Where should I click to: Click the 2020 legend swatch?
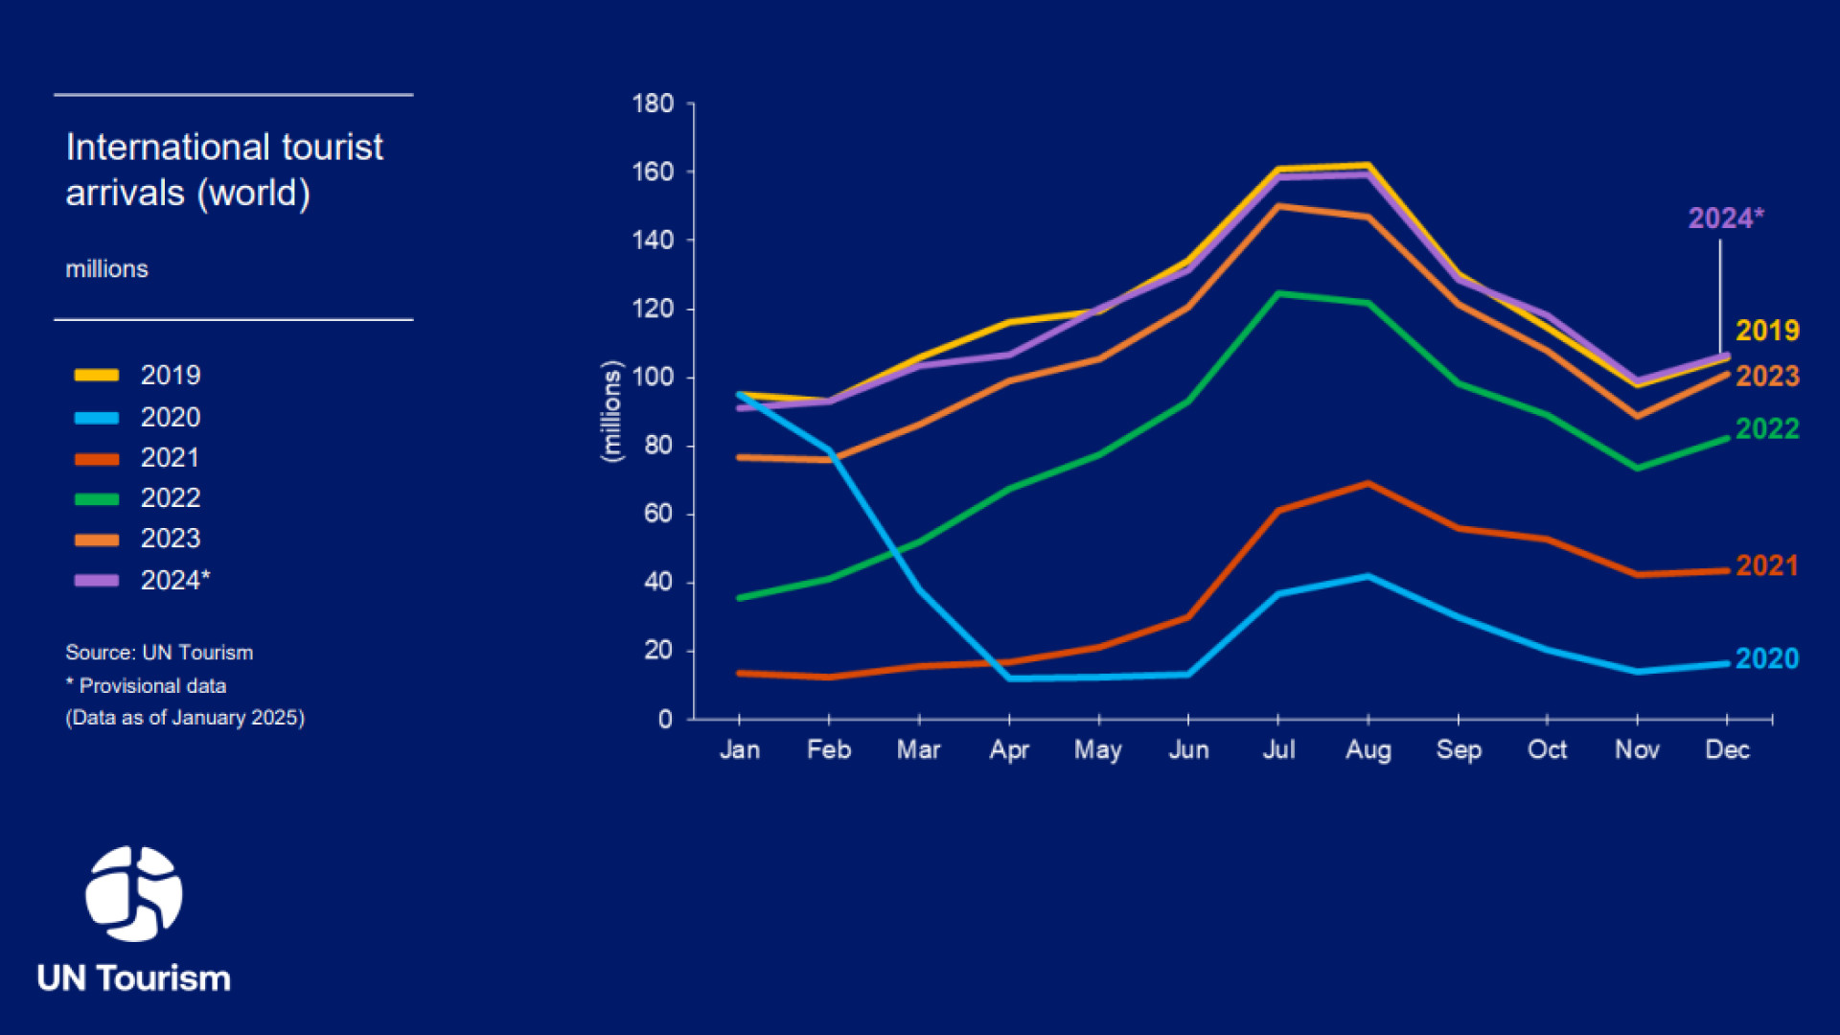click(97, 418)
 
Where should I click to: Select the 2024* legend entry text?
click(175, 580)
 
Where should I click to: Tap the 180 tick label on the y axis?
click(653, 103)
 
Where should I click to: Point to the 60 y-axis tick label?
click(658, 514)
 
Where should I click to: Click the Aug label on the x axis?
click(1368, 749)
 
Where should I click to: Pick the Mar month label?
click(918, 749)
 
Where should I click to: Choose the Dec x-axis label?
click(1727, 749)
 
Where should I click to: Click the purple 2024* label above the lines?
click(1725, 218)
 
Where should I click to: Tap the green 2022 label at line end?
click(1767, 428)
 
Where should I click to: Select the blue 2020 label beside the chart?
click(1767, 658)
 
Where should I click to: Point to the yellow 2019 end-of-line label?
click(1767, 331)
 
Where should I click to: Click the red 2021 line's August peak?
click(1368, 484)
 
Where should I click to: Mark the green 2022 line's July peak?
click(1278, 293)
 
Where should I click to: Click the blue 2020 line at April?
click(1009, 678)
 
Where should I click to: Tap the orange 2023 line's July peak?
click(1278, 206)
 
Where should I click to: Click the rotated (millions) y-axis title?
click(611, 412)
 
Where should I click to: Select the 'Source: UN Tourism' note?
click(159, 653)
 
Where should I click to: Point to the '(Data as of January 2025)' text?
click(185, 718)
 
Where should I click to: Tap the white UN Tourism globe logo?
click(134, 893)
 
